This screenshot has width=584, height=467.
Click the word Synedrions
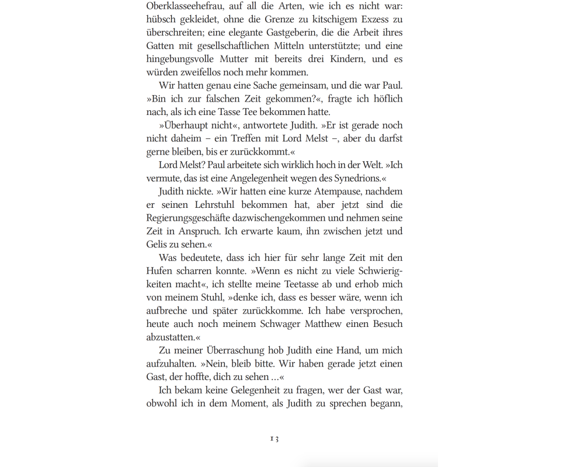pos(357,178)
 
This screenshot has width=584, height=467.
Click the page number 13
pos(274,438)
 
